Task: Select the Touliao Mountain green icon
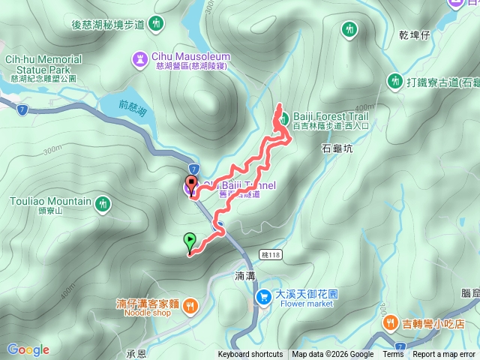click(x=103, y=202)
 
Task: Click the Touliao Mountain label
click(x=51, y=202)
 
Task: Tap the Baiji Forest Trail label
click(x=332, y=115)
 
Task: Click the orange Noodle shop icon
click(x=191, y=304)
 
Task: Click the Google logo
click(x=28, y=349)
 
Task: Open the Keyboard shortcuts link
click(x=250, y=355)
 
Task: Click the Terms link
click(x=393, y=355)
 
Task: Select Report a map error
click(x=445, y=355)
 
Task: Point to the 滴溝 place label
click(x=245, y=276)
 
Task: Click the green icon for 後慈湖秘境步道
click(x=156, y=24)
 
